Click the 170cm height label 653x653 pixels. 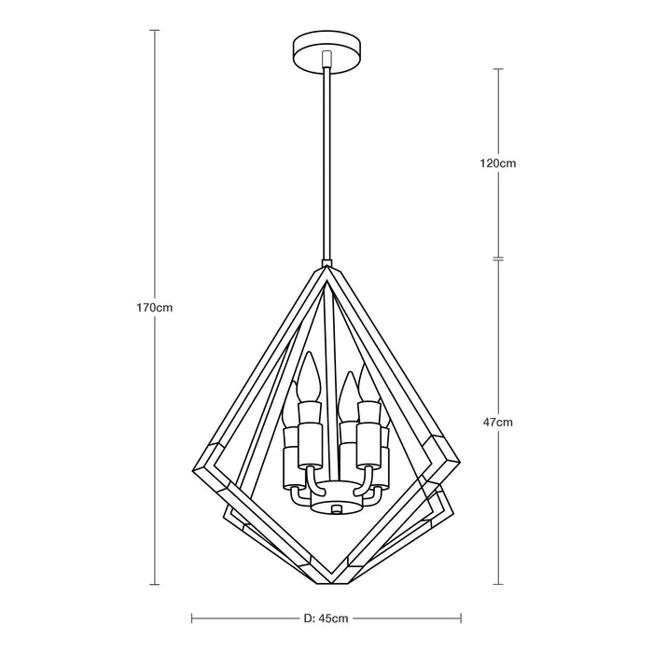point(154,307)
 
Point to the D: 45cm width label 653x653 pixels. point(326,618)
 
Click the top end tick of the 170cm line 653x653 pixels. point(154,29)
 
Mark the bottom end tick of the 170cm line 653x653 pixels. point(154,585)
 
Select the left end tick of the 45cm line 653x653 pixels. point(191,618)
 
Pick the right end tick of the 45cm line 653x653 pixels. point(461,618)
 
